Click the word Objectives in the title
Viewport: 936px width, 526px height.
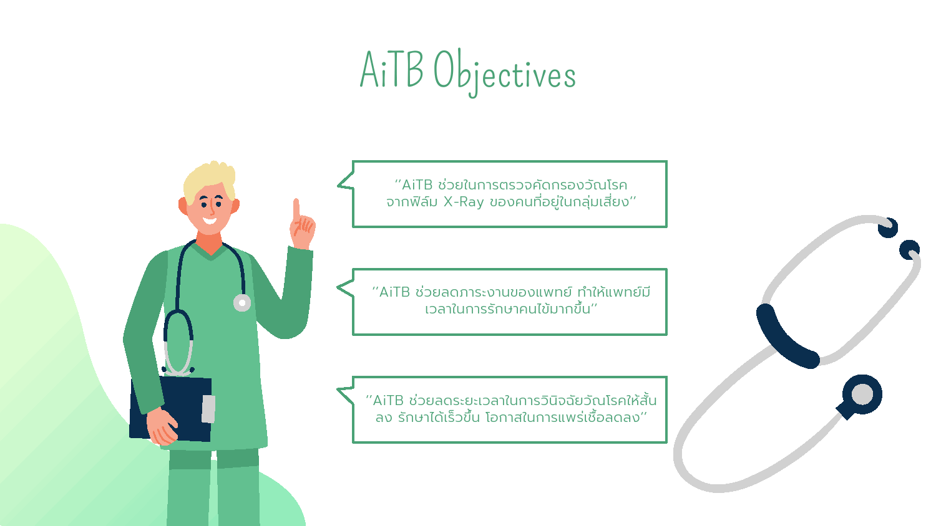504,73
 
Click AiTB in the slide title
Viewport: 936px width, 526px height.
391,69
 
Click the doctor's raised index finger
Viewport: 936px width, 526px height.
296,209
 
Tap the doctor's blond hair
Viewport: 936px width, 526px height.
210,180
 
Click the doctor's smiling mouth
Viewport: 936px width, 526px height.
210,220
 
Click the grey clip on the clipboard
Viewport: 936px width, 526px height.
208,409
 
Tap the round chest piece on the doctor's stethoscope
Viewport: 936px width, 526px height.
242,303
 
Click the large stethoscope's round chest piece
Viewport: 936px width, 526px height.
862,395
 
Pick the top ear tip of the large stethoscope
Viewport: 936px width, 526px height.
888,228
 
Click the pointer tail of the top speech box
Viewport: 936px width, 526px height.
346,182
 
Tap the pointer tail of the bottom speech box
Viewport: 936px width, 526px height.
346,395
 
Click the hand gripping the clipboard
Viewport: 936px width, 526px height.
162,426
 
